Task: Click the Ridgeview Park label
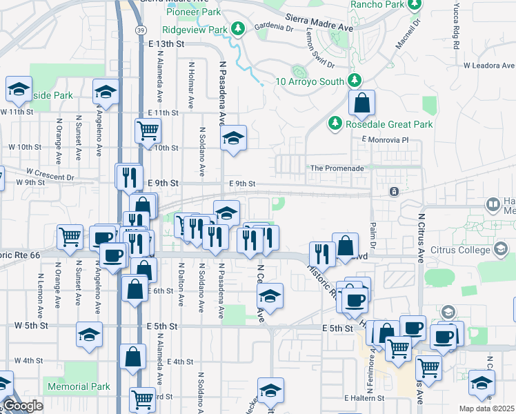pos(195,30)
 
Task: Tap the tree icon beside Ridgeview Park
pos(238,29)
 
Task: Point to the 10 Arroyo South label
pos(310,81)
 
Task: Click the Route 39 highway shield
pos(141,50)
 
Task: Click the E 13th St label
pos(168,43)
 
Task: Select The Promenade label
pos(337,168)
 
